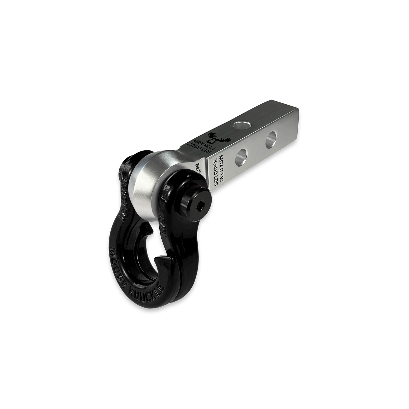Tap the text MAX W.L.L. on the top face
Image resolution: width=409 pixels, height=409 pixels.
coord(205,145)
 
